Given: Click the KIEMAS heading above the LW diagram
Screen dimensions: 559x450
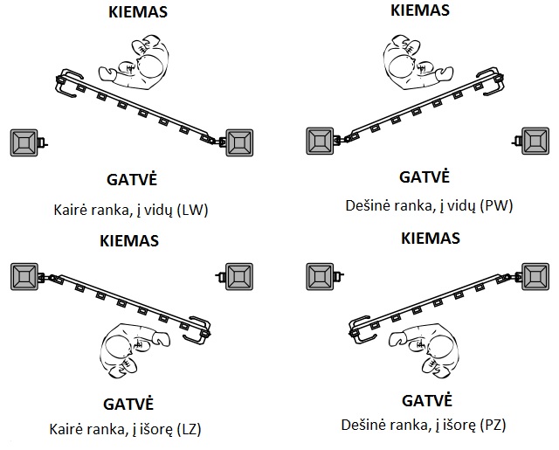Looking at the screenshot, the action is (138, 11).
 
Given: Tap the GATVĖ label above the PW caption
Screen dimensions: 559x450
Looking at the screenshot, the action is (424, 177).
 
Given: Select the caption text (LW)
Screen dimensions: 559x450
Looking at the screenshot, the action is (192, 210).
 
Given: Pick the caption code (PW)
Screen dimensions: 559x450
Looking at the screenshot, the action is (496, 205).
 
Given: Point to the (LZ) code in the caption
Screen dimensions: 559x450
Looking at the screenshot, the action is (190, 429).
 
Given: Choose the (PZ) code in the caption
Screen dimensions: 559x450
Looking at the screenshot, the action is (493, 425).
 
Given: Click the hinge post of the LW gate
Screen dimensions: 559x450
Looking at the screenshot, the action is (239, 142).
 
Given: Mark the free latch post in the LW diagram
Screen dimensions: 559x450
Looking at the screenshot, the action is (24, 142).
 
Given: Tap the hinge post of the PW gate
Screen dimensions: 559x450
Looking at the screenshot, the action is (321, 142).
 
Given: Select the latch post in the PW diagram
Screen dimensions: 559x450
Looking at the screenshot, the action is (535, 142).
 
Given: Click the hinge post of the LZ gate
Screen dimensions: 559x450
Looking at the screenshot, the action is (24, 277).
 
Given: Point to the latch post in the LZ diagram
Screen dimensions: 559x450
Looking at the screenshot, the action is (239, 277).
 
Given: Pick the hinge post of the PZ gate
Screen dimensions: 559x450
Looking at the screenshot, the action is (535, 277).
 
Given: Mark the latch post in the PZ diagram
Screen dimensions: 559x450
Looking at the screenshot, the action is (321, 277).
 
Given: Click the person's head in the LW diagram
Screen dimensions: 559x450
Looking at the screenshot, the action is (151, 66).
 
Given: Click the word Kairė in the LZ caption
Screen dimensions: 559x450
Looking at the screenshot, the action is (66, 429).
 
